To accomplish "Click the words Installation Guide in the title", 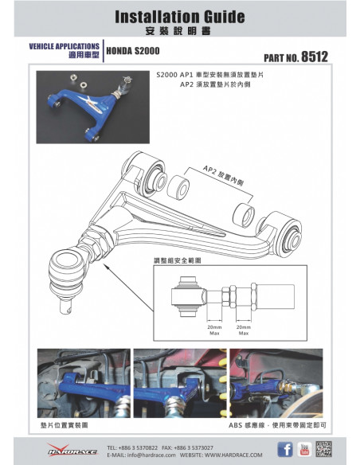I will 179,16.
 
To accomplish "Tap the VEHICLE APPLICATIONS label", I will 65,46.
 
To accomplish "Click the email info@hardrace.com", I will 143,455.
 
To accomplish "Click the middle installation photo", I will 178,382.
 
